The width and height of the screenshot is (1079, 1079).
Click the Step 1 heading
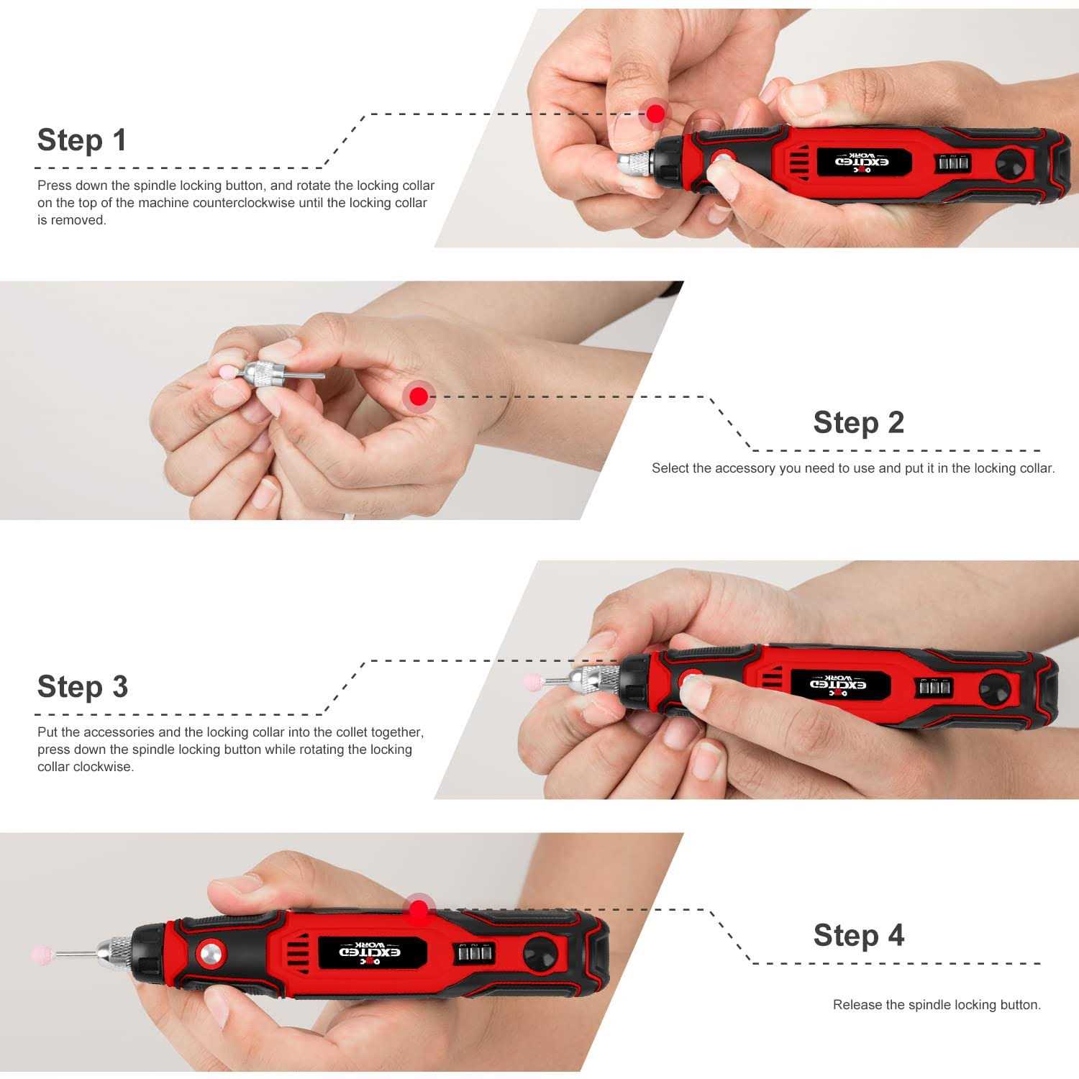pyautogui.click(x=82, y=140)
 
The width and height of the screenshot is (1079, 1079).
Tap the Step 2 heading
pyautogui.click(x=858, y=422)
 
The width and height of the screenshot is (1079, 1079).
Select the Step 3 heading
pyautogui.click(x=83, y=687)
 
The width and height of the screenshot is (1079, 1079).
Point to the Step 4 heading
pyautogui.click(x=858, y=935)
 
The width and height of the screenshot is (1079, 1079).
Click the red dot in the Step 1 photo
pyautogui.click(x=655, y=113)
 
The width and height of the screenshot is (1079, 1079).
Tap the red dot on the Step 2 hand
pyautogui.click(x=419, y=396)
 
